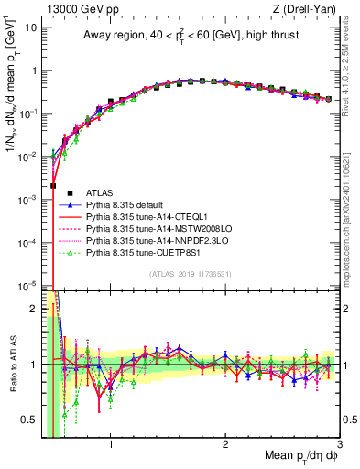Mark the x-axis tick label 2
(x=225, y=445)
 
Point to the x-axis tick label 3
(x=339, y=445)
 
